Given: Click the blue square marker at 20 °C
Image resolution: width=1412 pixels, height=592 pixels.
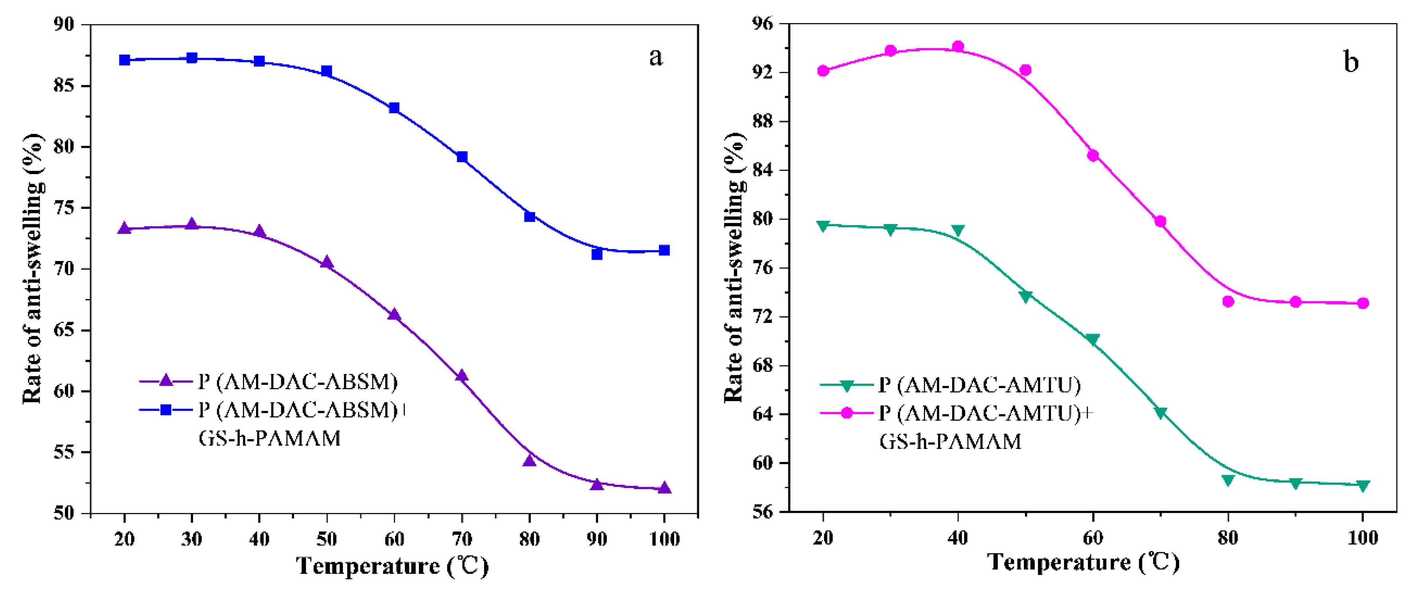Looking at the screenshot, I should pyautogui.click(x=124, y=60).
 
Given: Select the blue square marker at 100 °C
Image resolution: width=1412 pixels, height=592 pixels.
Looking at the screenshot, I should pyautogui.click(x=664, y=250).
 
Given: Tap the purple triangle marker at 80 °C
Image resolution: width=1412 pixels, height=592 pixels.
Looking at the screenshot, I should pyautogui.click(x=529, y=461).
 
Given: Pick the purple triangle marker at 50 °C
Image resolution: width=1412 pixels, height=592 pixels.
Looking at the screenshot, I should pyautogui.click(x=327, y=263).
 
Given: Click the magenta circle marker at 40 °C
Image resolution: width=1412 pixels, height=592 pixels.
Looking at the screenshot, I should pyautogui.click(x=958, y=47).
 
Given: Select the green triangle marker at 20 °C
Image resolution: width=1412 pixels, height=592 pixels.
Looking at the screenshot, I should pyautogui.click(x=823, y=226).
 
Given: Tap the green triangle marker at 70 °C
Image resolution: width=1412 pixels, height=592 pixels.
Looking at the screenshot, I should pyautogui.click(x=1160, y=413).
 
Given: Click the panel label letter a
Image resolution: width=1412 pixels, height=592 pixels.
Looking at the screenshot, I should pyautogui.click(x=655, y=57).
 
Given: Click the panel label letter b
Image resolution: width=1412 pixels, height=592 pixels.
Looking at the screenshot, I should pyautogui.click(x=1351, y=61).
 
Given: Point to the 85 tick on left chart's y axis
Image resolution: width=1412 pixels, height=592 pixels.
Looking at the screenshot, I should pyautogui.click(x=64, y=86).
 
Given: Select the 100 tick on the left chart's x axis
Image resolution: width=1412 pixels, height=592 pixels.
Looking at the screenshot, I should pyautogui.click(x=664, y=539).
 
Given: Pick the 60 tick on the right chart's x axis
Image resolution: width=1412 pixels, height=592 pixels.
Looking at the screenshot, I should pyautogui.click(x=1092, y=538).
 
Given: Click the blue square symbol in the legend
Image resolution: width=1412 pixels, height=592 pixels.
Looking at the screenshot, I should pyautogui.click(x=166, y=410).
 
